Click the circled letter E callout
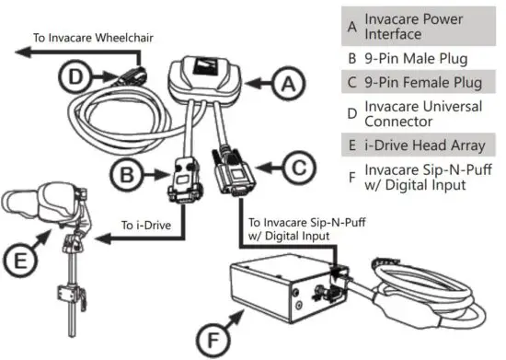21,261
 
